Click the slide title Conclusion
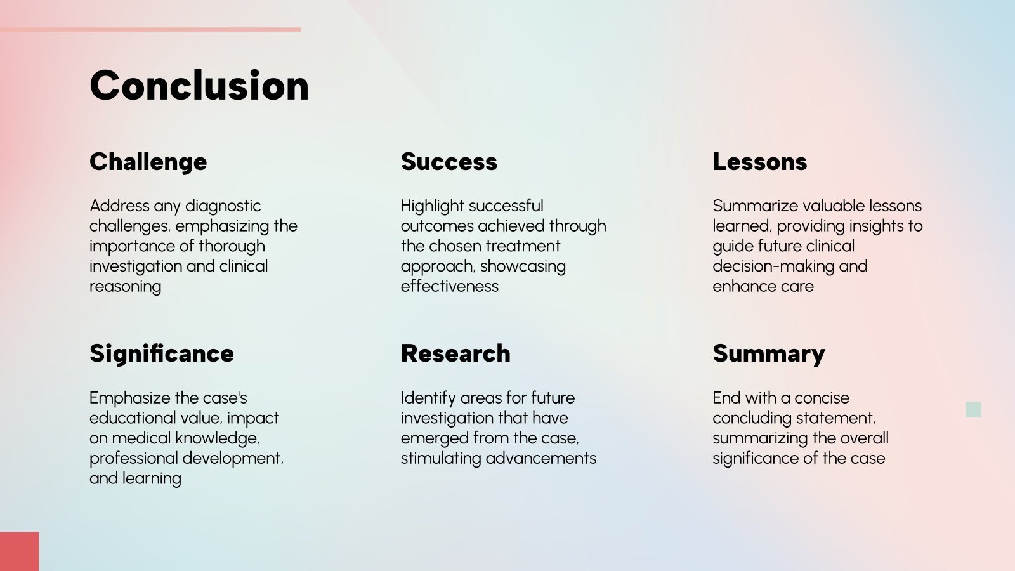[199, 85]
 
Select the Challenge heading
[148, 162]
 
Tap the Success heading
[449, 162]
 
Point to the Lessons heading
[760, 162]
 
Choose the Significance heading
[162, 355]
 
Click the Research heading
[456, 353]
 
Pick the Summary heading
[769, 355]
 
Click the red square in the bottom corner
[20, 551]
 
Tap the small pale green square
[973, 410]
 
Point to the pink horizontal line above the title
[150, 29]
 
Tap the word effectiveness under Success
[450, 286]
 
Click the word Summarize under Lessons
[756, 206]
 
